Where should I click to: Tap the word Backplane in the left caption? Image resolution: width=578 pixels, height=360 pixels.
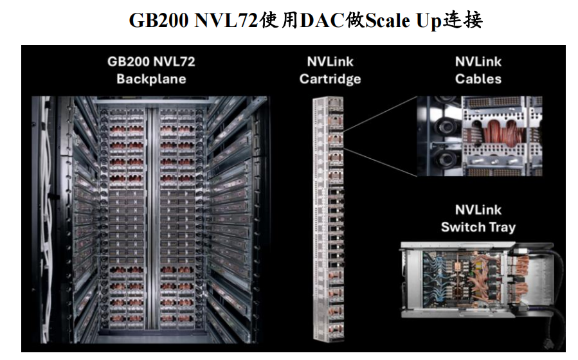151,79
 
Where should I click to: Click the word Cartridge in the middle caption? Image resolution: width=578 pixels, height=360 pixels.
330,79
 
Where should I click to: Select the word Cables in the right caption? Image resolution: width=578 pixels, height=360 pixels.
478,79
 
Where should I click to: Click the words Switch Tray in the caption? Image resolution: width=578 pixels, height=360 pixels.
478,227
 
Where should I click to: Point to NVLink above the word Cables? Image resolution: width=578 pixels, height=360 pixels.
478,62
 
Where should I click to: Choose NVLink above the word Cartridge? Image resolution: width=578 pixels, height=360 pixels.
330,62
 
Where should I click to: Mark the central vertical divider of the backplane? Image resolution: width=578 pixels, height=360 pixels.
152,219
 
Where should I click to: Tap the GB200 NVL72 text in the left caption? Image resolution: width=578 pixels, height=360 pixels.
151,62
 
